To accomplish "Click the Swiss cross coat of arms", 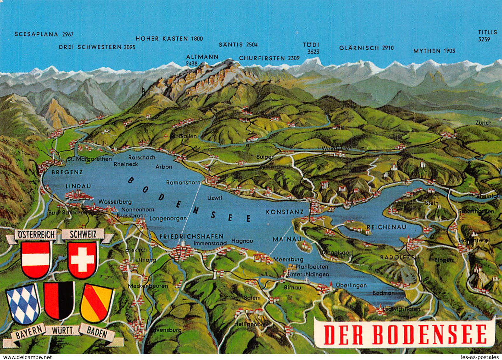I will pos(82,259).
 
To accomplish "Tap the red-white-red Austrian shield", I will pos(36,259).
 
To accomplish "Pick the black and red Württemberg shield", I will pos(59,301).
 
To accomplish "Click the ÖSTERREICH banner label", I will pos(36,235).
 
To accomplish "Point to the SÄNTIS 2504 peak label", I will pos(238,45).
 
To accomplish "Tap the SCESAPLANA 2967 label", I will pos(44,34).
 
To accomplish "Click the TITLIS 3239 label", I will pos(487,36).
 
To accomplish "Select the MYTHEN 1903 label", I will pos(434,51).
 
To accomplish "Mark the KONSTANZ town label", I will pos(285,212).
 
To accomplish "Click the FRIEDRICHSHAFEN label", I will pos(191,236).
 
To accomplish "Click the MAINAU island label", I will pos(287,239).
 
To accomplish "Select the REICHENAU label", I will pos(386,227).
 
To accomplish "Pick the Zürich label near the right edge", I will pos(483,123).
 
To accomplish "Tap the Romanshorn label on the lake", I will pos(183,183).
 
